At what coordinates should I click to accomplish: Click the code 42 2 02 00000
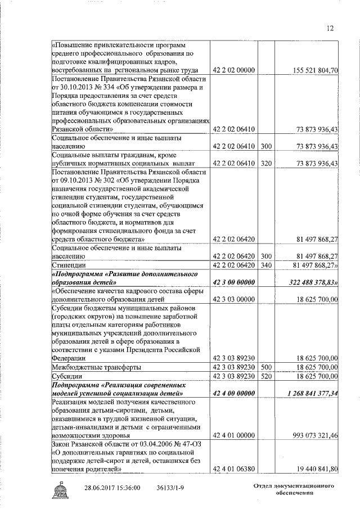[x=234, y=70]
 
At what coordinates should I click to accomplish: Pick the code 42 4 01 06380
[x=234, y=469]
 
